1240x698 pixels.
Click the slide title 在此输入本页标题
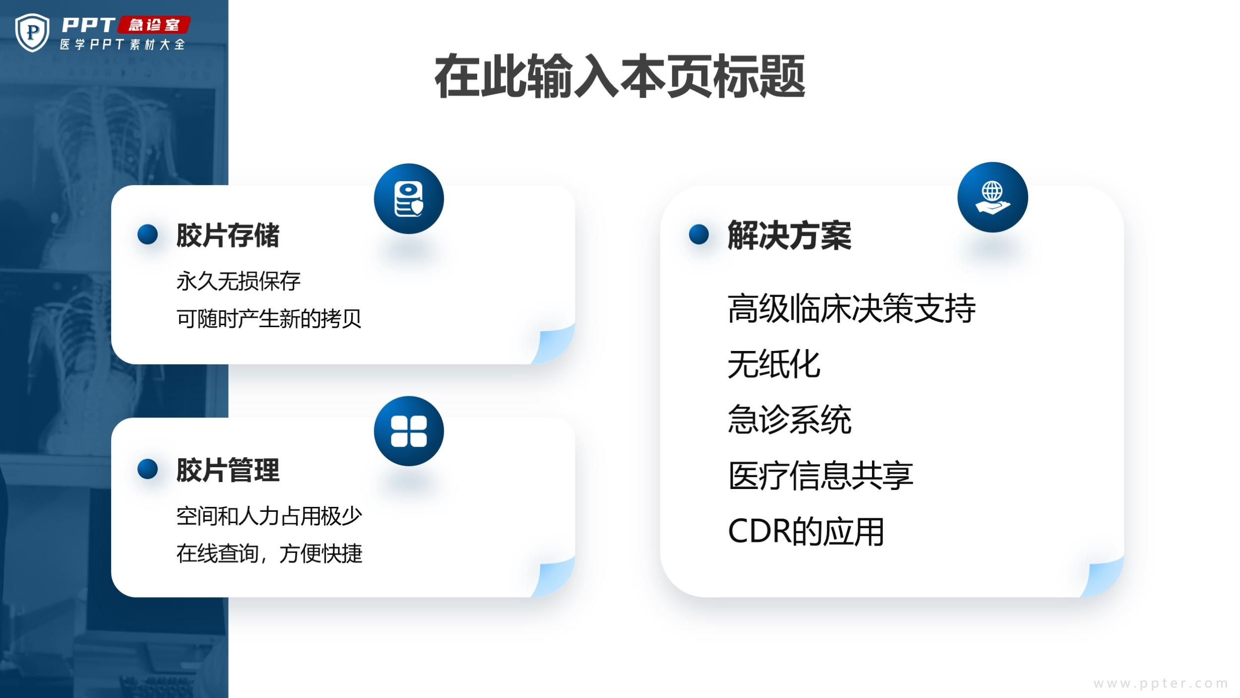coord(620,77)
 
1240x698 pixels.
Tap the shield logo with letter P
coord(32,33)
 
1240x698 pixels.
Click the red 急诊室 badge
coord(154,25)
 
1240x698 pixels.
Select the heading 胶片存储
coord(228,235)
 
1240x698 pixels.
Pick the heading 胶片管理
coord(228,470)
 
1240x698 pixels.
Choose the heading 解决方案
coord(789,235)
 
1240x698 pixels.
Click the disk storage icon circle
coord(409,199)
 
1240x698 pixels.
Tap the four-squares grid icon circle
coord(409,431)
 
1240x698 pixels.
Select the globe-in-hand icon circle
coord(992,197)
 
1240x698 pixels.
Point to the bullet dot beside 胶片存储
coord(147,234)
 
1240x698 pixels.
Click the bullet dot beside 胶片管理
coord(147,469)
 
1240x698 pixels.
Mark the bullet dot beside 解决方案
coord(699,234)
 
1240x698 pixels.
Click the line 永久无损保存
coord(238,281)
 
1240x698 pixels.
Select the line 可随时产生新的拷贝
coord(269,319)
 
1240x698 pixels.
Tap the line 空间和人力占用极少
coord(269,516)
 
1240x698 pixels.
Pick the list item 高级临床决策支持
coord(852,309)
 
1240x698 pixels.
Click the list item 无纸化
coord(774,364)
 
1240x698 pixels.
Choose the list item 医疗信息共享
coord(820,476)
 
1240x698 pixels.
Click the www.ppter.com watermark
coord(1161,684)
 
